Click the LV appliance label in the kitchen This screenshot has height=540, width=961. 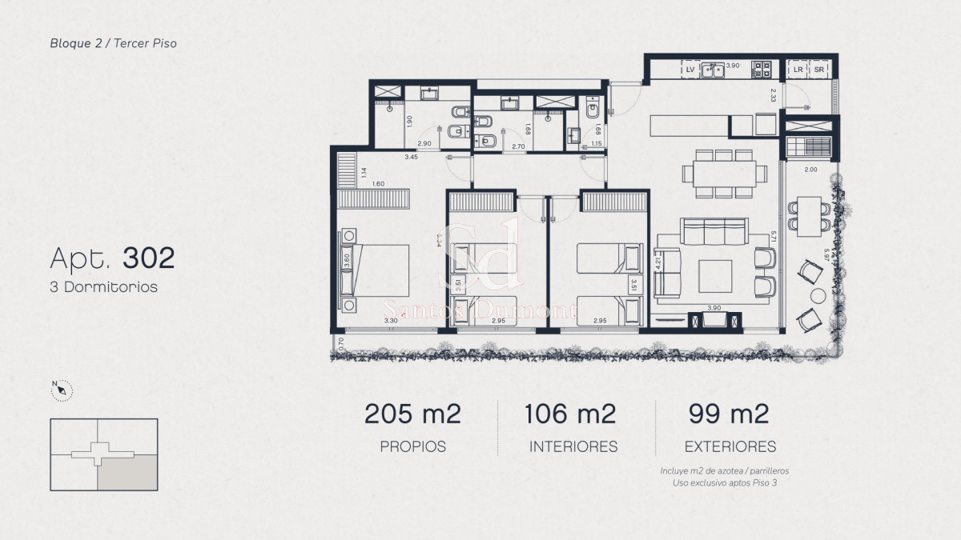pyautogui.click(x=690, y=70)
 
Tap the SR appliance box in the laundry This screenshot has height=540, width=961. pyautogui.click(x=818, y=70)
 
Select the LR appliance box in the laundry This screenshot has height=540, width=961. pyautogui.click(x=798, y=70)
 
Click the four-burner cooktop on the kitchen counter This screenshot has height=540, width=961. pyautogui.click(x=760, y=70)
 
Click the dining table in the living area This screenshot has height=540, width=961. pyautogui.click(x=718, y=173)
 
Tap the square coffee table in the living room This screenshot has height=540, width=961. pyautogui.click(x=714, y=276)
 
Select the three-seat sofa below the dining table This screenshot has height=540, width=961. pyautogui.click(x=713, y=231)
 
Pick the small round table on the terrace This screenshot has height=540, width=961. pyautogui.click(x=818, y=296)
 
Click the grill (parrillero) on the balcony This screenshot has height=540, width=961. pyautogui.click(x=809, y=148)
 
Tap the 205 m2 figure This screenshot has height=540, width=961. pyautogui.click(x=412, y=414)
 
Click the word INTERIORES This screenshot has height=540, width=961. pyautogui.click(x=573, y=447)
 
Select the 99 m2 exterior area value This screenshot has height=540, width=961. pyautogui.click(x=729, y=414)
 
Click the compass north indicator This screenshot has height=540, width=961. pyautogui.click(x=62, y=390)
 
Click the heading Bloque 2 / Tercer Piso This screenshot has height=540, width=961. pyautogui.click(x=113, y=43)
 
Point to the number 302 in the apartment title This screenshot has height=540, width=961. pyautogui.click(x=148, y=258)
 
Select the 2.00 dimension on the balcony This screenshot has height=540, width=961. pyautogui.click(x=810, y=170)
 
